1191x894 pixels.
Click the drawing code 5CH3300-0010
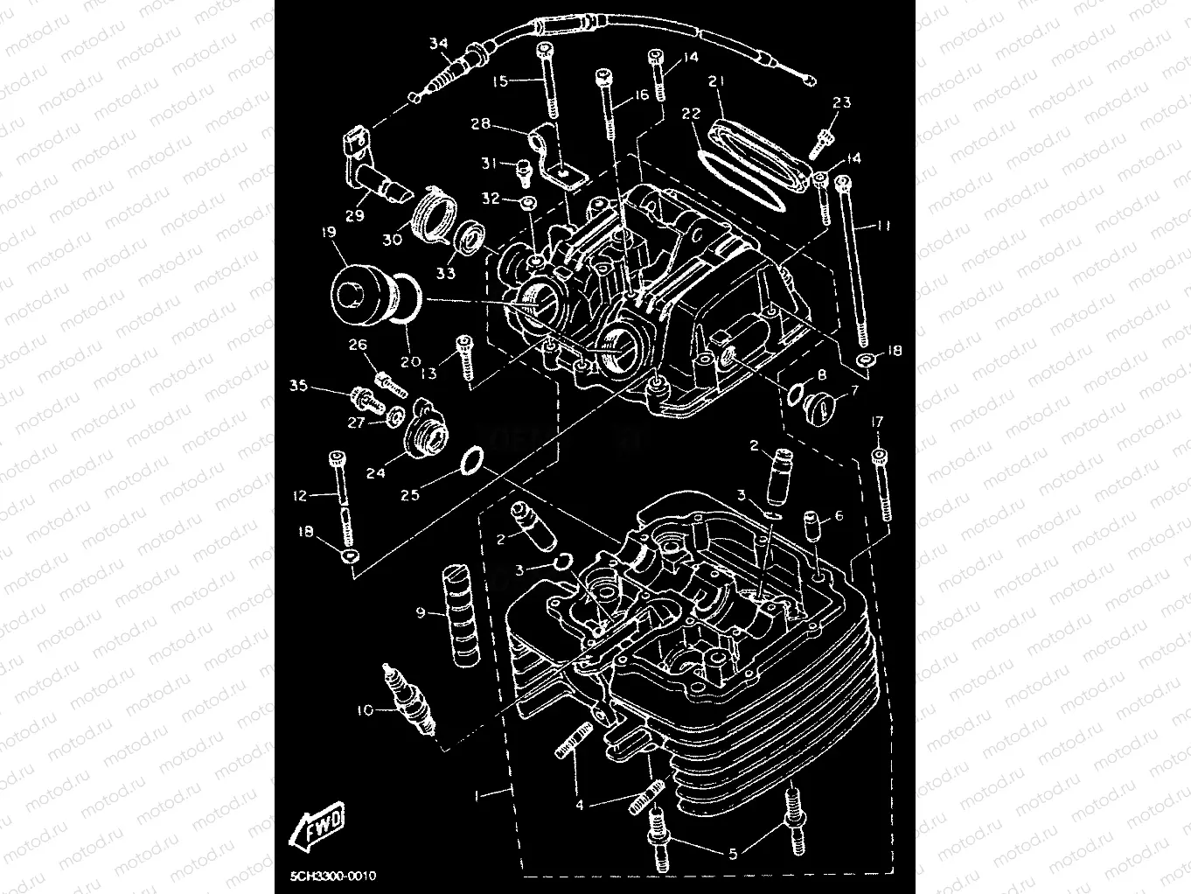pos(333,876)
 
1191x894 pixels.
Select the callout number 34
pos(439,43)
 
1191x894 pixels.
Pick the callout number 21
pos(717,81)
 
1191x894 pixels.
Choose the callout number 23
pos(841,102)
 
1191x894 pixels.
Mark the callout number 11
pos(883,226)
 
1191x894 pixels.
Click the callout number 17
pos(877,422)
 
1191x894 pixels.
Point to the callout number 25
pos(410,494)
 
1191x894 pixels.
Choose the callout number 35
pos(299,385)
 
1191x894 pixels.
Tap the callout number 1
pos(477,795)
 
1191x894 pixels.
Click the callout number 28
pos(481,124)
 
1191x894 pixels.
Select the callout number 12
pos(300,496)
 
